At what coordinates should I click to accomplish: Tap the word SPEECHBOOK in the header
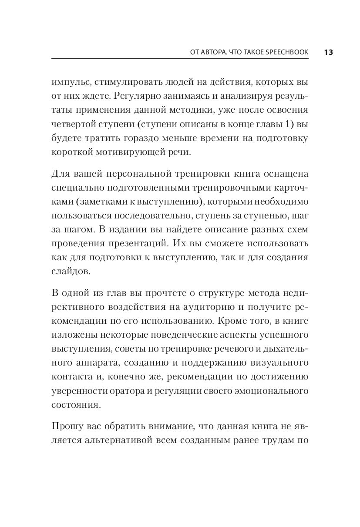point(286,52)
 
